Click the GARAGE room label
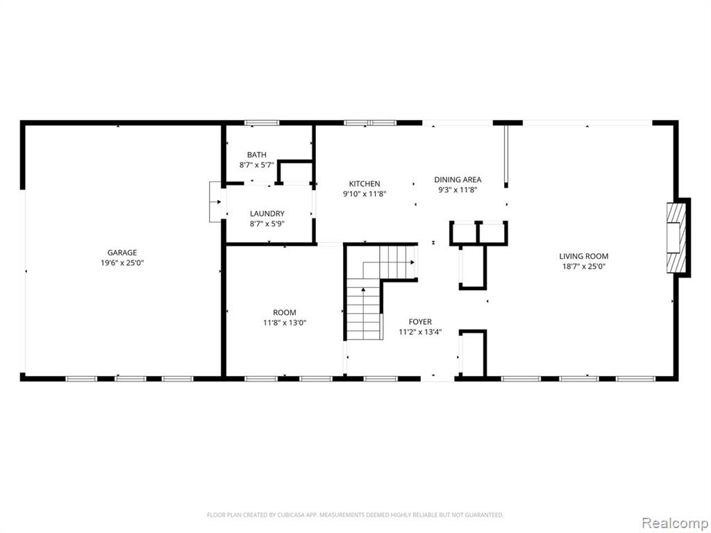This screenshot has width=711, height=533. (122, 253)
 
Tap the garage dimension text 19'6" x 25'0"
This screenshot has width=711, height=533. (122, 263)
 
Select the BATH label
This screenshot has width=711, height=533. (257, 155)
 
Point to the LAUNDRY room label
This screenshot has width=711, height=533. (267, 214)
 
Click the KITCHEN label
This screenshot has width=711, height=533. (365, 184)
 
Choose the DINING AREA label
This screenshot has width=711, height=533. (458, 180)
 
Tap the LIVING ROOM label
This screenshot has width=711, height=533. (583, 257)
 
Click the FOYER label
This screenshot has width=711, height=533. (420, 322)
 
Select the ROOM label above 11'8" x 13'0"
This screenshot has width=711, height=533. (284, 313)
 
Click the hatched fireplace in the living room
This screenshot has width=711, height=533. (676, 238)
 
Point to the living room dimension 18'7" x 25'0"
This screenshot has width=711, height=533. (584, 266)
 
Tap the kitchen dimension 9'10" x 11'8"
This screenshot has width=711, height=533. (365, 194)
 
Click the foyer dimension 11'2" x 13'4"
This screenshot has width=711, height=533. (420, 332)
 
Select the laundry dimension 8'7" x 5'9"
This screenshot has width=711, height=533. (267, 223)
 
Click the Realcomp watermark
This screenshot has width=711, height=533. (674, 523)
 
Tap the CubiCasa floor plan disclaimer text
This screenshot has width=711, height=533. (355, 515)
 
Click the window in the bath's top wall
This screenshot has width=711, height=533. (262, 123)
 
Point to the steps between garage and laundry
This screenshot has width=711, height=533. (215, 202)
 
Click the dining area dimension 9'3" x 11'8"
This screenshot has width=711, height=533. (458, 190)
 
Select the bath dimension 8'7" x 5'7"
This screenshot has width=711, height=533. (257, 165)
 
